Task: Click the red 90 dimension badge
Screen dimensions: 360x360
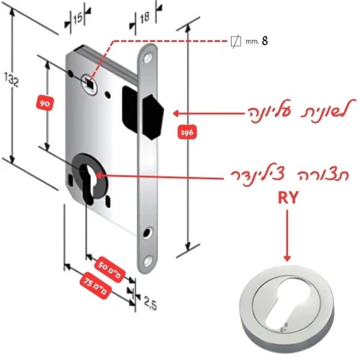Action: pos(45,104)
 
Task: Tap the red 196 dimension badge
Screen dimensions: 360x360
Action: pos(187,132)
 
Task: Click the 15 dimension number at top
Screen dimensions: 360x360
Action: pos(78,19)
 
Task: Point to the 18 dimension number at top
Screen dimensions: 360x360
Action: pos(145,17)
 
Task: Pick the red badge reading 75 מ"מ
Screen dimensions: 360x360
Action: pos(96,286)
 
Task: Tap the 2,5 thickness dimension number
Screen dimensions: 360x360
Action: pos(150,303)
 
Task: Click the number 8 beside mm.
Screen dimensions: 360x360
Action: pos(265,41)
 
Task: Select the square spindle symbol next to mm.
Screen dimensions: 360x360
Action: pos(235,42)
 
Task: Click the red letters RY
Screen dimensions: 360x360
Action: pos(288,198)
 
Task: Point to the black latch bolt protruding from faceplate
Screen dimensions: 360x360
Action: pos(153,117)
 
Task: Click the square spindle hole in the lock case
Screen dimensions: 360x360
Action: pos(89,83)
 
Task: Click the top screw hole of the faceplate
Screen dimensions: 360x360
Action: pos(147,58)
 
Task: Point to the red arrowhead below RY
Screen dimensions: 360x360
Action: pos(287,258)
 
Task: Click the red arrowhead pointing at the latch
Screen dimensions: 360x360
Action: pos(176,113)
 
